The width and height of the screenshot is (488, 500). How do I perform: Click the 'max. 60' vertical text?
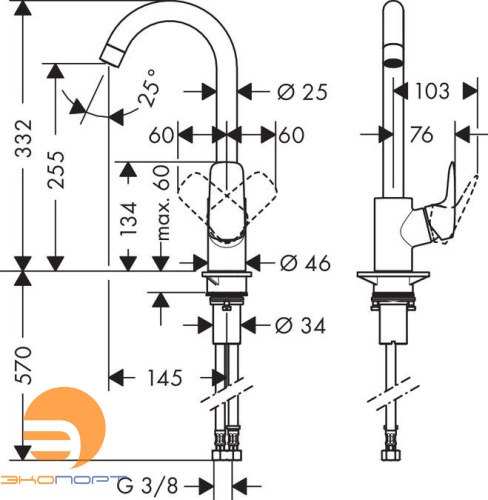pyautogui.click(x=161, y=215)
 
